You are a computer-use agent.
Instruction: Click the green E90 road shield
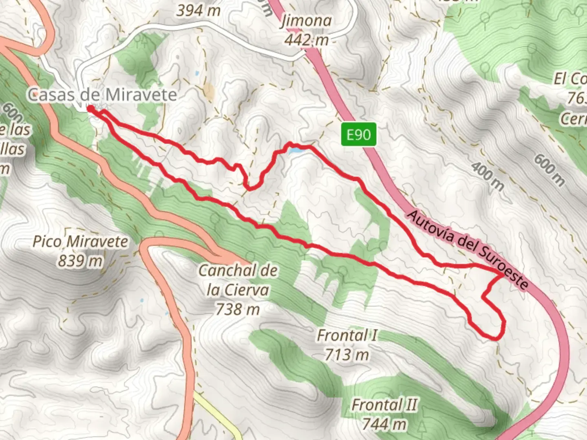tap(359, 134)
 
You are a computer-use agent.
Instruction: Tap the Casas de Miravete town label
tap(102, 95)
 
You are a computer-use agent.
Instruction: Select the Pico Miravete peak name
tap(80, 242)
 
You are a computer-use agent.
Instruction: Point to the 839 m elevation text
tap(80, 261)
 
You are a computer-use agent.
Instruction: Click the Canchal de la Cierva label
tap(238, 280)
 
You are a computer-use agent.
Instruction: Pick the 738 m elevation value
tap(238, 309)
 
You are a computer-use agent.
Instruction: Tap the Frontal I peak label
tap(347, 335)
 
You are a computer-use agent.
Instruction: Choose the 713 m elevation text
tap(347, 354)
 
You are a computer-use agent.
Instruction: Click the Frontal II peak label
tap(384, 405)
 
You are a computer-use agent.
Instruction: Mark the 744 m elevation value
tap(384, 424)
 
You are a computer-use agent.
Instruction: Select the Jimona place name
tap(306, 21)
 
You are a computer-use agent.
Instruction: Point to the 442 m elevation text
tap(307, 40)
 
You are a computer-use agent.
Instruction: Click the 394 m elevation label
tap(199, 11)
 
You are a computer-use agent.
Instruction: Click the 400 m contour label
tap(488, 176)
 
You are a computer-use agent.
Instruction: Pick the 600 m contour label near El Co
tap(549, 170)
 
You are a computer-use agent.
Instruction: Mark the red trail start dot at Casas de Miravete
tap(90, 108)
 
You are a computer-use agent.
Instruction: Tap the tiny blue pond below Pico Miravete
tap(141, 301)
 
